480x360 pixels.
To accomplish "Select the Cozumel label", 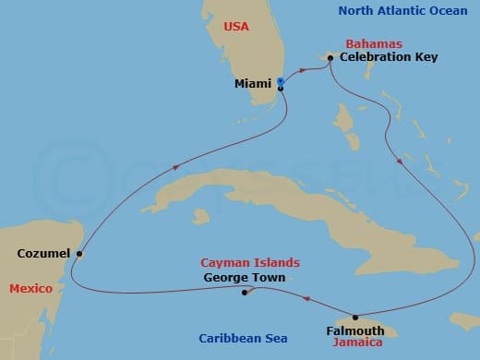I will [x=44, y=253].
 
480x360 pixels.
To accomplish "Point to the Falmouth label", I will [x=356, y=330].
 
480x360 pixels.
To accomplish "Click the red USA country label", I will [x=236, y=28].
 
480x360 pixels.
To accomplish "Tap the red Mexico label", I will [x=30, y=289].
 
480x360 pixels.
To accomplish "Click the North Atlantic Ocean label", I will [x=403, y=10].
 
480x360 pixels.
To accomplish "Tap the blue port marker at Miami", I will [x=280, y=82].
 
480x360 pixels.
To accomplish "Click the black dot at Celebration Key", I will [x=330, y=57].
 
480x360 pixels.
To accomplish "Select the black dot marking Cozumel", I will [x=79, y=254].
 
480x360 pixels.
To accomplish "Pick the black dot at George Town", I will [x=244, y=294].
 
